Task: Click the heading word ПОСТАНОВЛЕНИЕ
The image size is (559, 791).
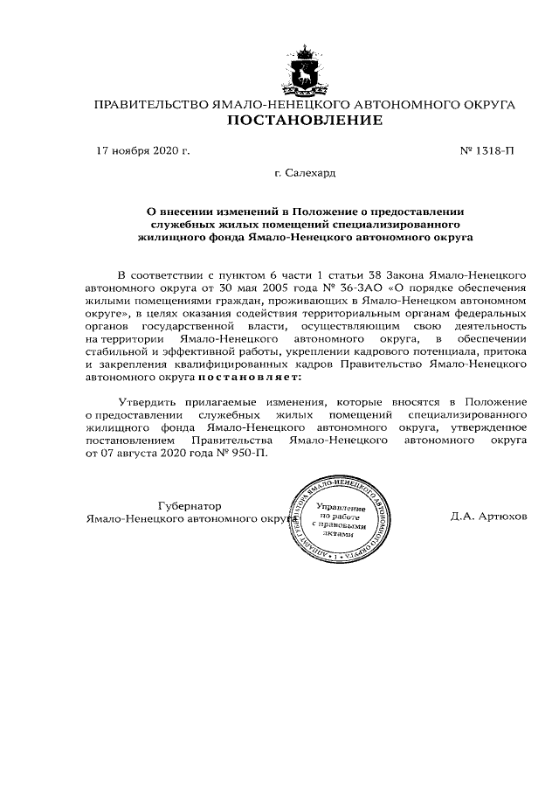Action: (305, 121)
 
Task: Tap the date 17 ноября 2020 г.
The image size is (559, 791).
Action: (141, 151)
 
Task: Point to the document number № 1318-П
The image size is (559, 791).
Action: (487, 151)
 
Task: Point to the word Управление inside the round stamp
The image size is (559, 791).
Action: (337, 507)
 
